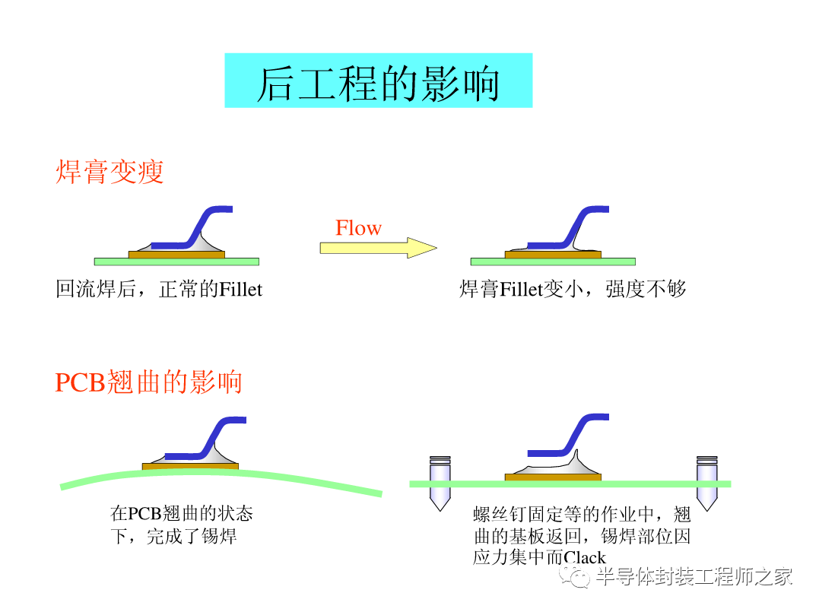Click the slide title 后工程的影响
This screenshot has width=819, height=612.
pos(378,82)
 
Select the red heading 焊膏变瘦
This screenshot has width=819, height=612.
pos(110,173)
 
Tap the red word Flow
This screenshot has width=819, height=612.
pos(358,228)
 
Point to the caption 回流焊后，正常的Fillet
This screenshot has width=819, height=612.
pos(159,289)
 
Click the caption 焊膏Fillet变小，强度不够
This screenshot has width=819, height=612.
pos(573,289)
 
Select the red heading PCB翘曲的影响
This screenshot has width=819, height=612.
pos(148,382)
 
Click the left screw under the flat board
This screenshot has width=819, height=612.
pos(440,484)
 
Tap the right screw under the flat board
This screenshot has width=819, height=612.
pos(706,484)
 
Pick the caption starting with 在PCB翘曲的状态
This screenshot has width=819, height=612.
pos(181,525)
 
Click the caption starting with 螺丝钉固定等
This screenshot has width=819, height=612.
pos(581,535)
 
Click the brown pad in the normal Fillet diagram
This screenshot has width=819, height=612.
pos(176,255)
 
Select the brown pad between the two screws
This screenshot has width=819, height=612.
pos(553,477)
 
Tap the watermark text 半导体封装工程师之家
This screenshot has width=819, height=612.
pos(694,577)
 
